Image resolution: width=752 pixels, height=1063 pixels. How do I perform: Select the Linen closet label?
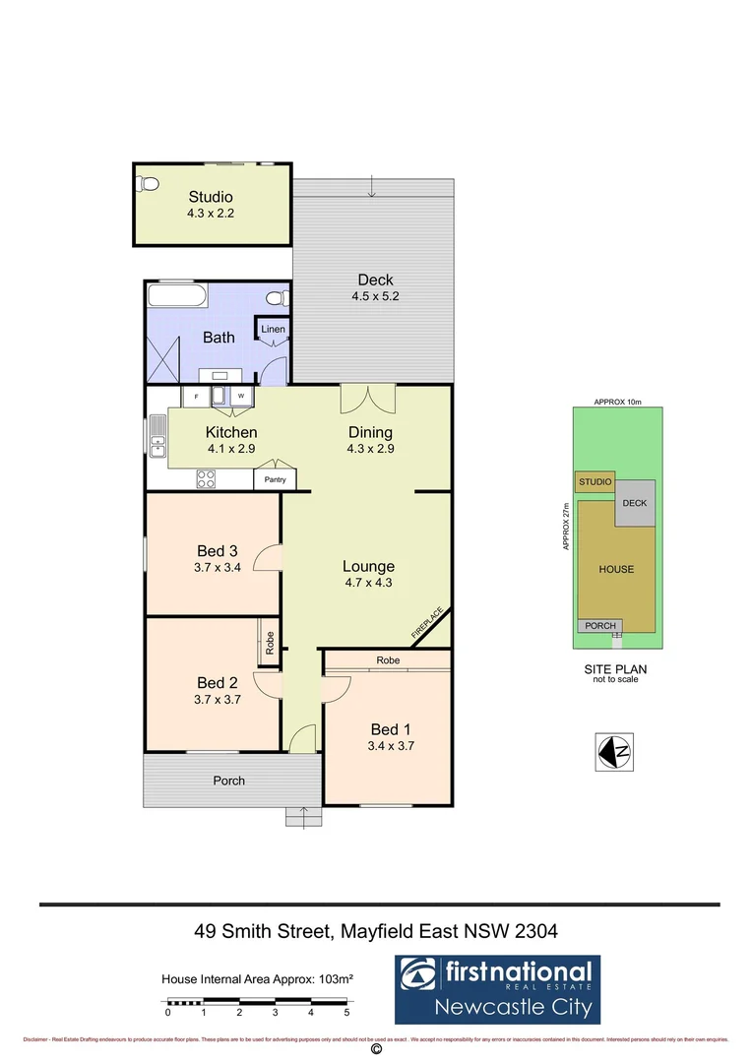[x=273, y=328]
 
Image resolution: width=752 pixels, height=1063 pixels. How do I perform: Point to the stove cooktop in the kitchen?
[x=207, y=479]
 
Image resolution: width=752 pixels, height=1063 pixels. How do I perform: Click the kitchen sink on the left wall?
[x=157, y=436]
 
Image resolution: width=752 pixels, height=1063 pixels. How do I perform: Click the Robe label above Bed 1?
[x=388, y=660]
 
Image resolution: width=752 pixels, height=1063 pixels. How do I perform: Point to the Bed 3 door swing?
[x=267, y=558]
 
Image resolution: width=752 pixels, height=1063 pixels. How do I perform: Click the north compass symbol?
[x=615, y=751]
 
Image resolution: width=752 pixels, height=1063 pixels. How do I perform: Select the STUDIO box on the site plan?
[x=595, y=482]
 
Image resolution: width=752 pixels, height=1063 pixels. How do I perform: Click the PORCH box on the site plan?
[x=600, y=626]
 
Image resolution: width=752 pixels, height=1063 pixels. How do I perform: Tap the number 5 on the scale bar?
[x=346, y=1012]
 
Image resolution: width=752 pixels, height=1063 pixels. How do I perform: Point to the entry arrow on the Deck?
[x=372, y=186]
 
